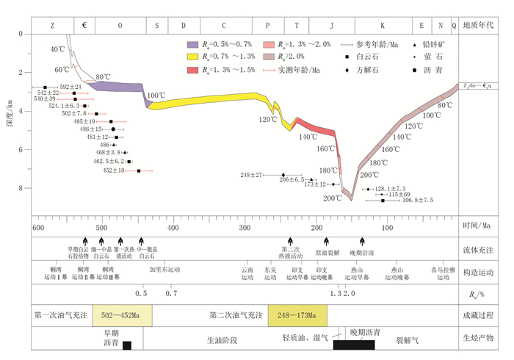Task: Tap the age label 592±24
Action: (x=70, y=87)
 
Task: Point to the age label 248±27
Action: (x=252, y=175)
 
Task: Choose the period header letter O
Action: (x=120, y=25)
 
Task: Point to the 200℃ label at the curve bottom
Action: (x=333, y=198)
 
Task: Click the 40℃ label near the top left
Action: (x=57, y=49)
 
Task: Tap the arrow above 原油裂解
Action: (x=327, y=242)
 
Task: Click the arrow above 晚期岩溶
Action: (x=362, y=242)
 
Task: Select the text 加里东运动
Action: (x=164, y=270)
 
